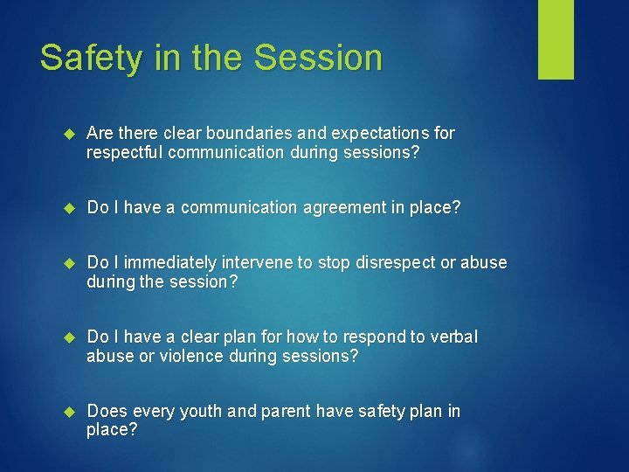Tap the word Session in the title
tap(318, 58)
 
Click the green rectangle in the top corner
tap(556, 38)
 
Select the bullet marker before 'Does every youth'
tap(72, 412)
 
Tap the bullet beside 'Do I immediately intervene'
tap(72, 264)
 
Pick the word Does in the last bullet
tap(106, 411)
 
